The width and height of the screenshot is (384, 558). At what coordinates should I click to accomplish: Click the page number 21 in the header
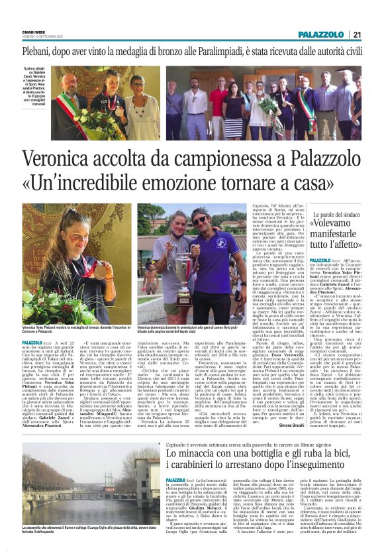pyautogui.click(x=356, y=34)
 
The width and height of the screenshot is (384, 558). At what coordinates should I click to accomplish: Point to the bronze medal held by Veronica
pyautogui.click(x=100, y=270)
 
